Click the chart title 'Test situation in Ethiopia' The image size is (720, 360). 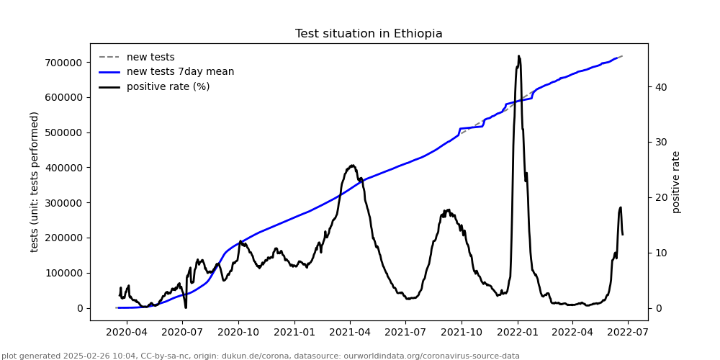pyautogui.click(x=369, y=34)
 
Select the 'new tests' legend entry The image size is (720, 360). pyautogui.click(x=150, y=57)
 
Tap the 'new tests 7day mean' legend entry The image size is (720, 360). pyautogui.click(x=180, y=72)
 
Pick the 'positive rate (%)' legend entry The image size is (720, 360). pyautogui.click(x=168, y=86)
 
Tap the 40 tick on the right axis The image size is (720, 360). pyautogui.click(x=660, y=87)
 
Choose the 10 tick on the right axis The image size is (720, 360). pyautogui.click(x=660, y=253)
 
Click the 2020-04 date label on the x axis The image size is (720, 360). pyautogui.click(x=127, y=333)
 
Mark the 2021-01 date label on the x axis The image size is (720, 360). pyautogui.click(x=294, y=333)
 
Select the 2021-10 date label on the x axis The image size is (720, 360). pyautogui.click(x=462, y=333)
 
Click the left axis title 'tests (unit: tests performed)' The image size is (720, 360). pyautogui.click(x=35, y=181)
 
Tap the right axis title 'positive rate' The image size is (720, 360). pyautogui.click(x=676, y=181)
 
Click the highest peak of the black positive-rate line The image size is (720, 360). pyautogui.click(x=518, y=55)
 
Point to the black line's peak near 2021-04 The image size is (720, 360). pyautogui.click(x=352, y=165)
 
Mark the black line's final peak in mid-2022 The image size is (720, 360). pyautogui.click(x=621, y=207)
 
